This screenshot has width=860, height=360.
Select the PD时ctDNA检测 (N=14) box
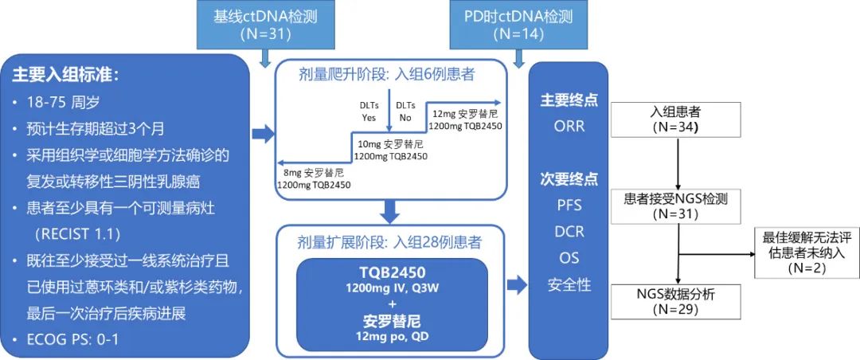tap(518, 24)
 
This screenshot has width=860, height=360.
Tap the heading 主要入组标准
tap(65, 76)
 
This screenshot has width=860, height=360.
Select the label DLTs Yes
tap(369, 111)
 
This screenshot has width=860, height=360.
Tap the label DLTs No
tap(405, 111)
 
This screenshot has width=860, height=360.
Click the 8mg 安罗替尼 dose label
tap(313, 178)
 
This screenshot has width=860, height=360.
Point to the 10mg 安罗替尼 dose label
tap(390, 151)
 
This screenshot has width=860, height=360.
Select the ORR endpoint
tap(569, 126)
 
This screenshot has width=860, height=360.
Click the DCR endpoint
tap(569, 232)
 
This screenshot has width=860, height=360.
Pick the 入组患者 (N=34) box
tap(675, 119)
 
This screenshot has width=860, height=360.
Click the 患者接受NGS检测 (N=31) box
tap(675, 206)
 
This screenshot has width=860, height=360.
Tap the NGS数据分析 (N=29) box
tap(675, 300)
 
